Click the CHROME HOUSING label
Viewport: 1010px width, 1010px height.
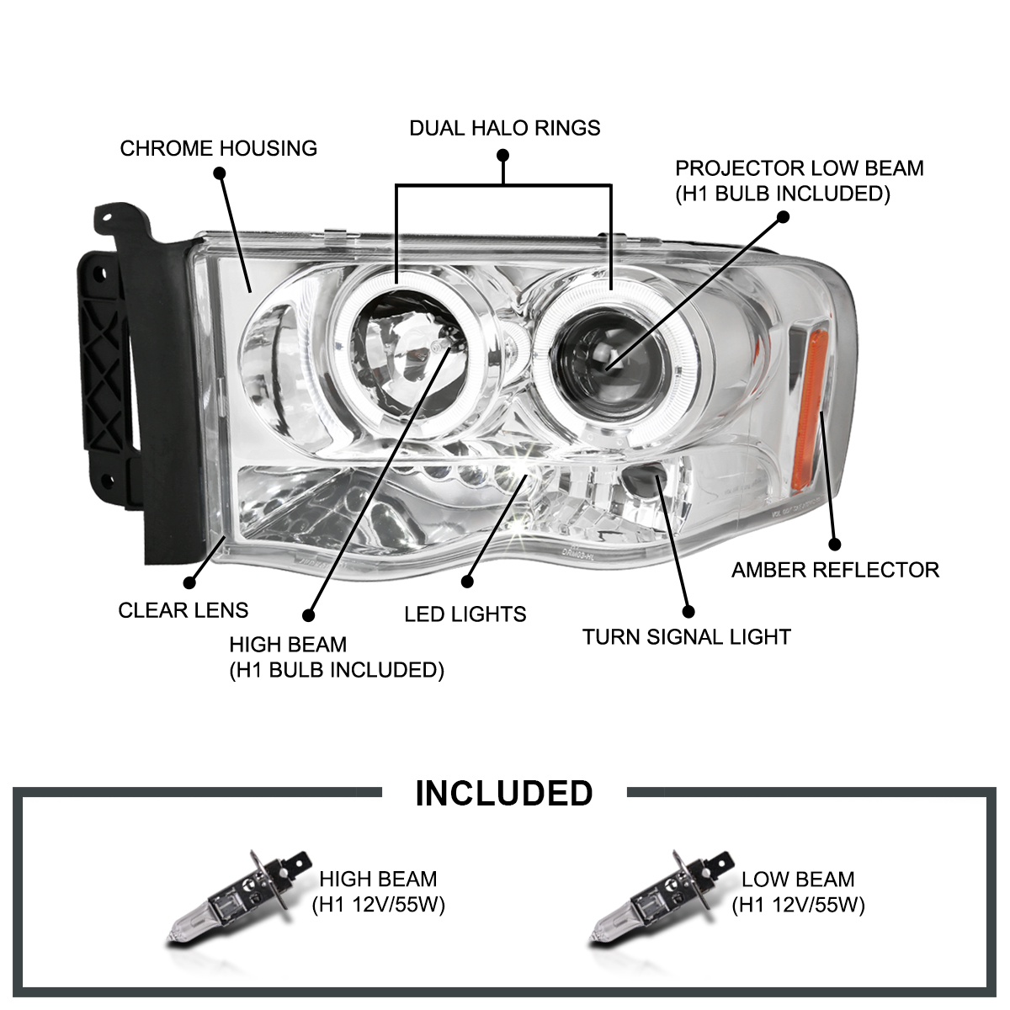point(219,149)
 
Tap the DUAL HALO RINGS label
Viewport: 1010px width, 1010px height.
point(505,128)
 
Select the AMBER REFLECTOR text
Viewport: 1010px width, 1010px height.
point(835,570)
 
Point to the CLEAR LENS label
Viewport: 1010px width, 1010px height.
point(183,610)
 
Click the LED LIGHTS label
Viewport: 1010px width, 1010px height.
point(465,614)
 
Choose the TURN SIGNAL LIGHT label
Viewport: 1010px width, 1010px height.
point(687,636)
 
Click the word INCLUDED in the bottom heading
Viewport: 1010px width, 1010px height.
point(504,794)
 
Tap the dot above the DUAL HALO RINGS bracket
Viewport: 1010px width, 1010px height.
point(503,156)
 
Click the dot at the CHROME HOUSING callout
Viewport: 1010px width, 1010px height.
point(220,173)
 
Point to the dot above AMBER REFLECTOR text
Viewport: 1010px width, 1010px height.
point(835,544)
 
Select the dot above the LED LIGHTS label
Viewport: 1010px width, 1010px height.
point(468,581)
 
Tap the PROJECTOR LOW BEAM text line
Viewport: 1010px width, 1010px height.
point(800,168)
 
